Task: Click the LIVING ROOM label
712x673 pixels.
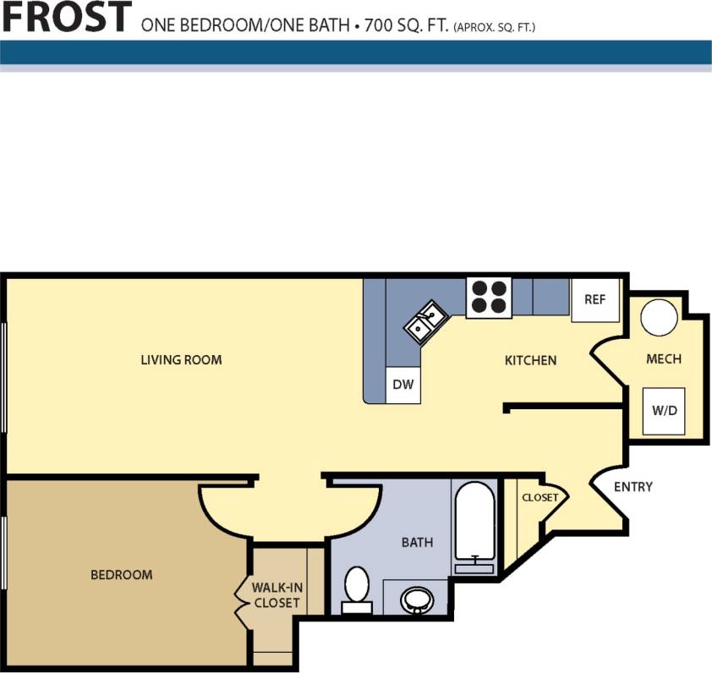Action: coord(181,360)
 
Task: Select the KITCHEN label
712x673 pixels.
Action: coord(530,360)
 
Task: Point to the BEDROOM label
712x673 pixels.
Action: coord(122,575)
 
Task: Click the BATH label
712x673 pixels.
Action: coord(417,542)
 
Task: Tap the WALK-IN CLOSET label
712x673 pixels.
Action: coord(277,594)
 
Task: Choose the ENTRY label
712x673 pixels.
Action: coord(633,487)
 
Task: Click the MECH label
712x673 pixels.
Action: coord(663,359)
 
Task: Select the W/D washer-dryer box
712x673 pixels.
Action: coord(664,411)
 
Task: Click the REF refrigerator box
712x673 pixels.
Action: coord(595,299)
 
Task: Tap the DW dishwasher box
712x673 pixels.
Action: coord(403,386)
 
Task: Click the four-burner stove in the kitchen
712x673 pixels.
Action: coord(489,298)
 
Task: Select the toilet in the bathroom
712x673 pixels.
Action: coord(357,589)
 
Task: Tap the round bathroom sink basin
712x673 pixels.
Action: coord(415,600)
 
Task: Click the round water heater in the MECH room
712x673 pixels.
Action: coord(658,319)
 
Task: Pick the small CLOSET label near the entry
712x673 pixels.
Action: coord(539,497)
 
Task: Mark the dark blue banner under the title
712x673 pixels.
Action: coord(356,52)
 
